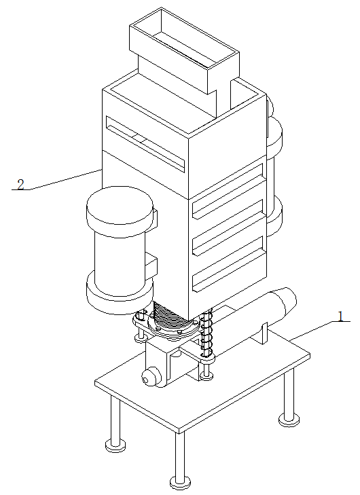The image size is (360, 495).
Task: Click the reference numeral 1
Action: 340,316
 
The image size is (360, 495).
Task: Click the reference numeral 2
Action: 20,185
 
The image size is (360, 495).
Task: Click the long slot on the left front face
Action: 145,144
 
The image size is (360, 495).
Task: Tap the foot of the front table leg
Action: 180,482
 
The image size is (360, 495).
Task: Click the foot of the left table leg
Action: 115,445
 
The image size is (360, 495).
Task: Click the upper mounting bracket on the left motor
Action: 151,219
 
